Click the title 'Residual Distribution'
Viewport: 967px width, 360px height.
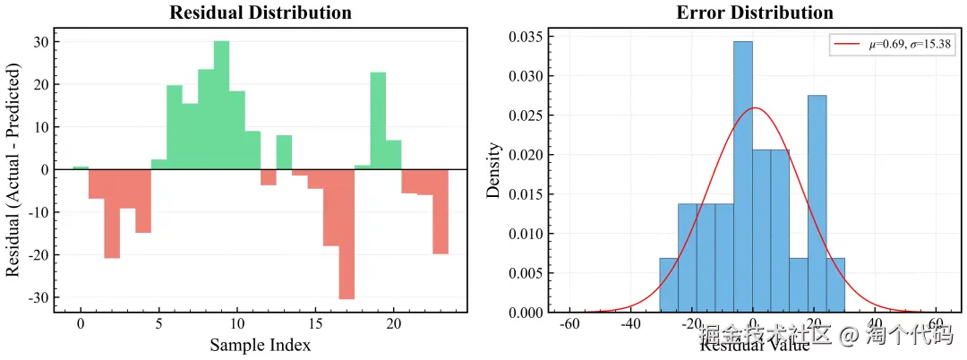pos(261,13)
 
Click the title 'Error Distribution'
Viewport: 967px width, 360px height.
pos(755,13)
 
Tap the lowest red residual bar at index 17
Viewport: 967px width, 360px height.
pos(347,234)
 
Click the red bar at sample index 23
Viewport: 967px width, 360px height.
pos(440,211)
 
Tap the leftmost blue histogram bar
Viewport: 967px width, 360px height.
pos(669,285)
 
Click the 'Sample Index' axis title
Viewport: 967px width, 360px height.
pos(261,345)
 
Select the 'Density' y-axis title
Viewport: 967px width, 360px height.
pos(493,170)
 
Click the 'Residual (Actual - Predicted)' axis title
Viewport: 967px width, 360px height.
pos(13,170)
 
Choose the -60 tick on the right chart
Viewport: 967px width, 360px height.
pos(569,324)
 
